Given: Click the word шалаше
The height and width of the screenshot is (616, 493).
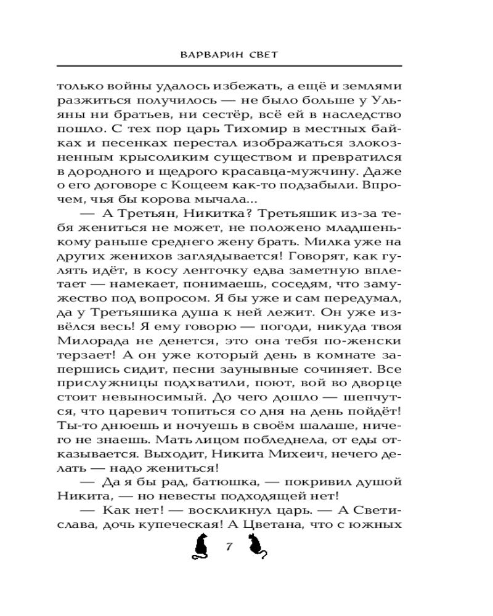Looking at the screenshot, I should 323,426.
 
